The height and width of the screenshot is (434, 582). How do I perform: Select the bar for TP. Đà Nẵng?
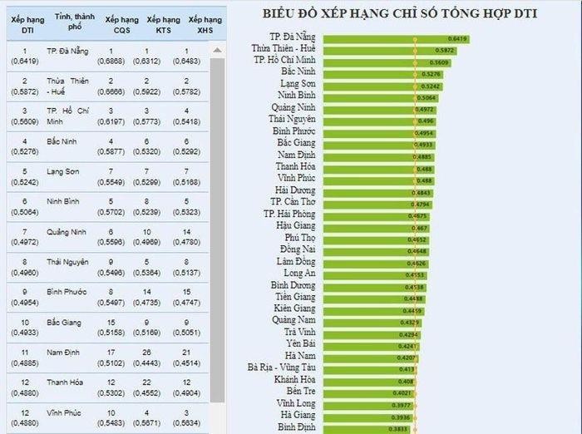pyautogui.click(x=396, y=38)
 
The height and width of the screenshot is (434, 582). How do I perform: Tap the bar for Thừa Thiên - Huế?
pyautogui.click(x=387, y=50)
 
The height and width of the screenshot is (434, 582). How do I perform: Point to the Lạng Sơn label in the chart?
pyautogui.click(x=298, y=85)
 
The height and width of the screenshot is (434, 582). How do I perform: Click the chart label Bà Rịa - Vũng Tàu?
pyautogui.click(x=281, y=367)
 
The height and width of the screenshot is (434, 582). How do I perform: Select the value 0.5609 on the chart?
pyautogui.click(x=440, y=62)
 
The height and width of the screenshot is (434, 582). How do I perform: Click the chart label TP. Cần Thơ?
pyautogui.click(x=293, y=202)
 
